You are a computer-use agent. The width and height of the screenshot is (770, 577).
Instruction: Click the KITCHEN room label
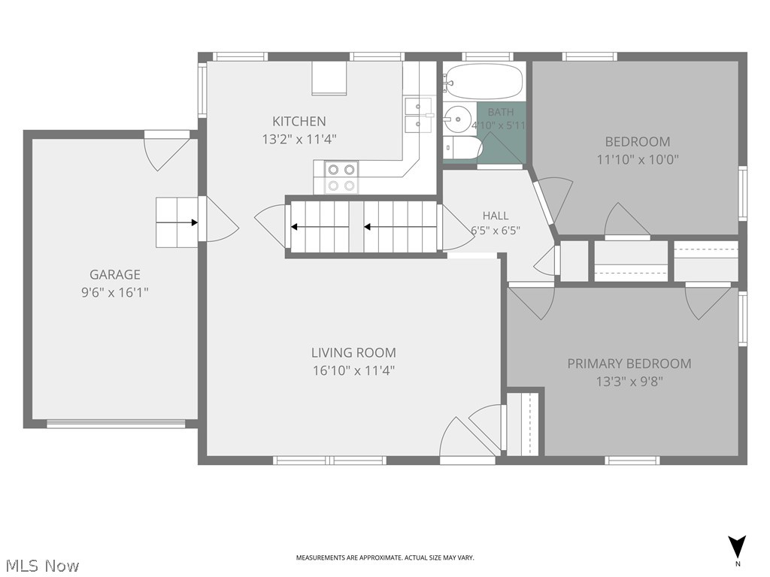point(299,121)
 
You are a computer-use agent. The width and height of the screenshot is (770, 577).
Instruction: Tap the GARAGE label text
point(115,274)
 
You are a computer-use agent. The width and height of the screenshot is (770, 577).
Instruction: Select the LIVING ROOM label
point(353,352)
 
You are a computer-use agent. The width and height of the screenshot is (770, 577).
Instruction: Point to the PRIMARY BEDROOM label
point(629,364)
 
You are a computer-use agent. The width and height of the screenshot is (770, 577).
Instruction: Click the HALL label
point(496,216)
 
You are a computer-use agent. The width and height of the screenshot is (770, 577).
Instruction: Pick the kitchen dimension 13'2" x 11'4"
point(299,139)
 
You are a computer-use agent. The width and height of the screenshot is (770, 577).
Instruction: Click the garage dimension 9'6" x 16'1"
point(115,292)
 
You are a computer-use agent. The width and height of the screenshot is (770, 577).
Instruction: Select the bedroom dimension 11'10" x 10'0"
point(638,159)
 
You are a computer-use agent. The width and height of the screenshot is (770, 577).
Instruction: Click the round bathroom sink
point(457,119)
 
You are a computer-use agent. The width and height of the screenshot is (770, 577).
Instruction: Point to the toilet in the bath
point(462,148)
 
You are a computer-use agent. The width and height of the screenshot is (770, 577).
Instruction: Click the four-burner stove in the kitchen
point(341,177)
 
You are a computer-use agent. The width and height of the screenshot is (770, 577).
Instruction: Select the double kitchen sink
point(418,115)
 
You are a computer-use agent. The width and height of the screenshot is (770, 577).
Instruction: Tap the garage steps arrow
point(177,222)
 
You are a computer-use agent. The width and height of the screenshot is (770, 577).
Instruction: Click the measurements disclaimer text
point(385,558)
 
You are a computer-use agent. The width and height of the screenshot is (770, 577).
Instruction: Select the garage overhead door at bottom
point(116,424)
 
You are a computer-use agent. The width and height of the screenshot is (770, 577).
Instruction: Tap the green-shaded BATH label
point(500,113)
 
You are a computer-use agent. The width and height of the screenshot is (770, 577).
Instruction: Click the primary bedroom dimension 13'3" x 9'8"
point(629,382)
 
